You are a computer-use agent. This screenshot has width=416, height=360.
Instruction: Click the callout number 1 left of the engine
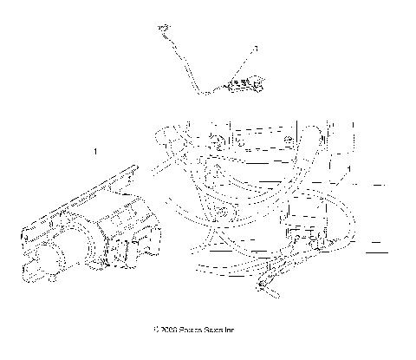[x=95, y=152]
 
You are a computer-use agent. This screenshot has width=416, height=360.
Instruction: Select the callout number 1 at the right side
[x=348, y=168]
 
